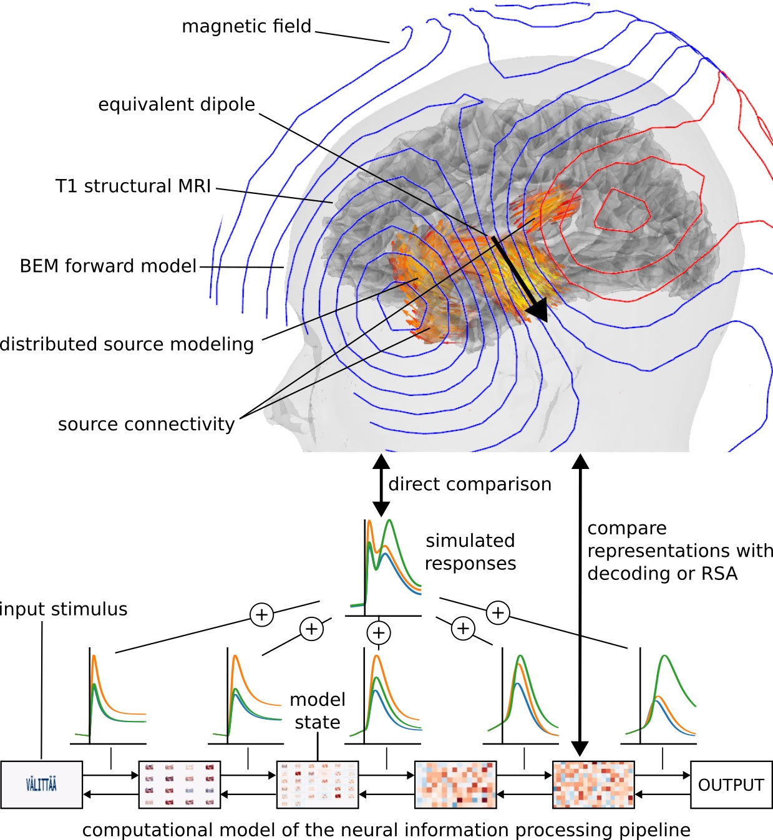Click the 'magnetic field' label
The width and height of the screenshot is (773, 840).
[x=246, y=26]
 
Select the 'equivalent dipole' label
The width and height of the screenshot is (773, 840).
[x=177, y=104]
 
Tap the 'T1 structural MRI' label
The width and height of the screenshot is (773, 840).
[x=133, y=186]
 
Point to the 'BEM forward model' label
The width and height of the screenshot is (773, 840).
[x=108, y=266]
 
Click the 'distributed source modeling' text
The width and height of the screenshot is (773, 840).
[x=127, y=344]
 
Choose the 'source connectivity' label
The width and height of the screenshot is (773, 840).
[x=146, y=424]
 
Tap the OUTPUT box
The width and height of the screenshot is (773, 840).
[x=731, y=785]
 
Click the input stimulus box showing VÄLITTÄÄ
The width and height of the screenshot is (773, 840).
[x=41, y=785]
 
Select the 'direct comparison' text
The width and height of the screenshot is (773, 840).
[x=469, y=484]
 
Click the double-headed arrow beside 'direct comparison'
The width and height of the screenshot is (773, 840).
[x=381, y=485]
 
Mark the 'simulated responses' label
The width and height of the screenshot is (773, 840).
[x=470, y=552]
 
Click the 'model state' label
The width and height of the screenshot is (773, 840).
[x=318, y=711]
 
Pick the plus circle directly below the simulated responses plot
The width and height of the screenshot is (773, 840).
[x=379, y=633]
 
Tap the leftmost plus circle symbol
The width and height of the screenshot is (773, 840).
[x=261, y=615]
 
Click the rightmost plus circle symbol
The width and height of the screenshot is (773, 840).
[x=498, y=612]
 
